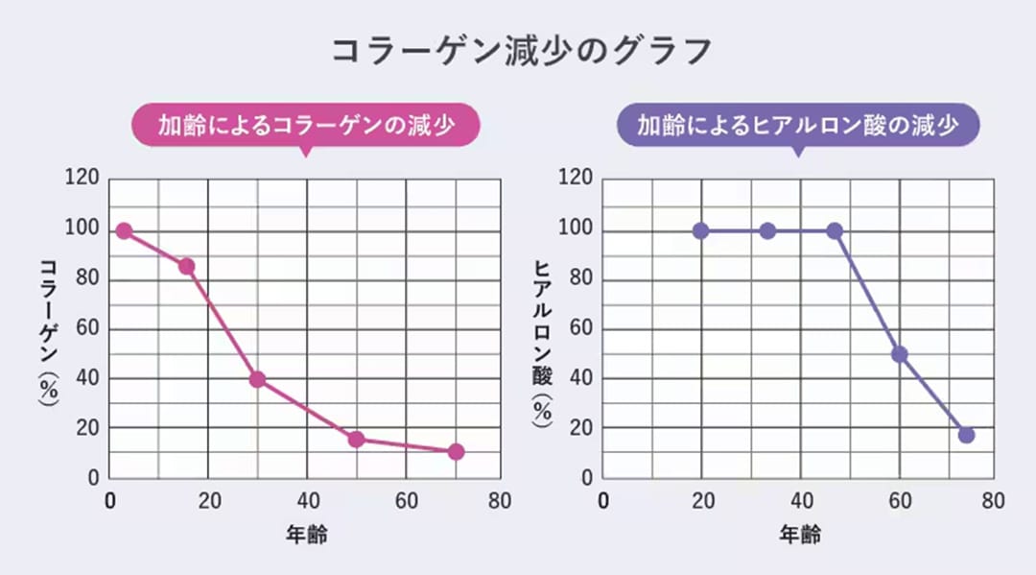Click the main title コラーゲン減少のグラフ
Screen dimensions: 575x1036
click(523, 51)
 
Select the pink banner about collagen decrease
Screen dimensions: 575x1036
click(305, 125)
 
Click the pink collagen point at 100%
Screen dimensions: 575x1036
click(124, 231)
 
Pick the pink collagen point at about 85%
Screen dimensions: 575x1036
click(187, 266)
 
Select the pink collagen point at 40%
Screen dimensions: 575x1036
click(257, 379)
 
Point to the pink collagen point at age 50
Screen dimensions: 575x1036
click(356, 440)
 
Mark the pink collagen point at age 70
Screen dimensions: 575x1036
click(456, 452)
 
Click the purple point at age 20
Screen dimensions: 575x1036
click(700, 231)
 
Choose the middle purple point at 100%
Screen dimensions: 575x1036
click(767, 231)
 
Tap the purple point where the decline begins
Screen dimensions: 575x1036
click(835, 231)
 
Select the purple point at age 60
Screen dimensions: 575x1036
click(900, 354)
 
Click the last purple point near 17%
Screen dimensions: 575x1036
click(966, 435)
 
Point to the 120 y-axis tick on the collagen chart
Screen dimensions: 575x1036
click(81, 179)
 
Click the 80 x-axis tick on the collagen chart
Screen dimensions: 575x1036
click(500, 501)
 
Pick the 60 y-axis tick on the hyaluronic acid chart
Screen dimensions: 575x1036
click(576, 329)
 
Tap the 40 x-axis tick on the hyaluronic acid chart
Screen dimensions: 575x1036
click(800, 501)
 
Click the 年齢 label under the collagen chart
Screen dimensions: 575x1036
click(306, 534)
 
